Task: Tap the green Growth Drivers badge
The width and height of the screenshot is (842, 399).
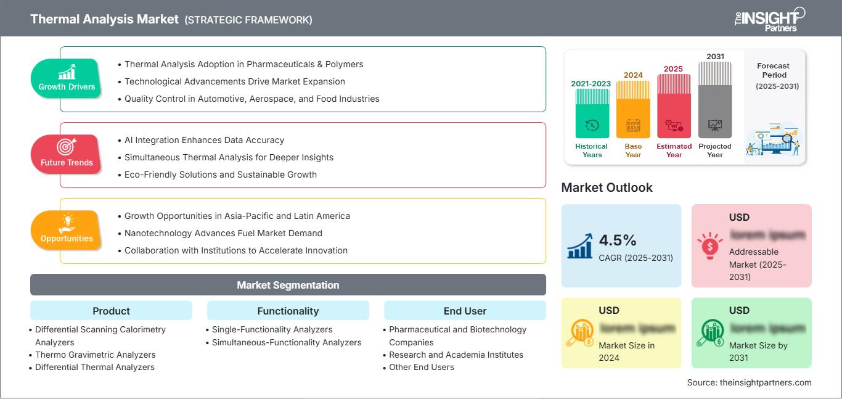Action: (67, 78)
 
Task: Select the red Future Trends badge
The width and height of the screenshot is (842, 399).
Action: (65, 154)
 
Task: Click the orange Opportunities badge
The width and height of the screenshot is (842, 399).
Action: (66, 230)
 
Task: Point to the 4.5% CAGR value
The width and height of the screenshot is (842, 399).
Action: (618, 240)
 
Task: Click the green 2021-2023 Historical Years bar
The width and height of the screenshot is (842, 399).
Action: (592, 113)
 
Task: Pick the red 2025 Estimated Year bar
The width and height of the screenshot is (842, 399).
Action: (674, 105)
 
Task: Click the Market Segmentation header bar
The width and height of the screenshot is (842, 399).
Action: (288, 285)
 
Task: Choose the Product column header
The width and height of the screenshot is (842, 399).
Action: (111, 311)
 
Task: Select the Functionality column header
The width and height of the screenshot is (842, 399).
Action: (288, 311)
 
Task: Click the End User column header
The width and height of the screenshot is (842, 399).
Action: (465, 311)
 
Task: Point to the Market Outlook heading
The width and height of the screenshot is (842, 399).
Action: (607, 187)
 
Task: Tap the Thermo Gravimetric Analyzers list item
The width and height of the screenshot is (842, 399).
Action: (95, 355)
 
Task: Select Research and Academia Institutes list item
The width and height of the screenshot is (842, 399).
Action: (456, 355)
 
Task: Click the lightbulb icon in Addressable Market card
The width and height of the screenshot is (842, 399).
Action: (709, 245)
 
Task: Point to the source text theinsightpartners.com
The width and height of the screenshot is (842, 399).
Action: (749, 382)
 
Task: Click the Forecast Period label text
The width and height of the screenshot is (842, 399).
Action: (774, 70)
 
